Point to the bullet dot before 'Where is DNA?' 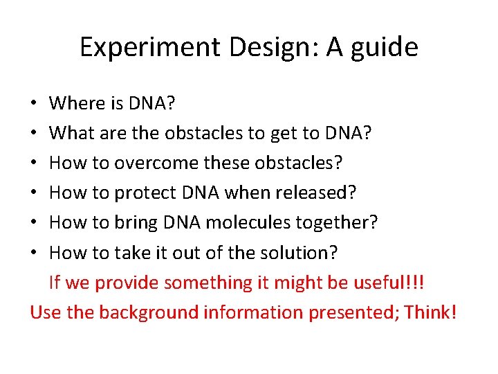34,105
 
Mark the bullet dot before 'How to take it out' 34,253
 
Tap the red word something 207,282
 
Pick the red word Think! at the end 431,312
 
